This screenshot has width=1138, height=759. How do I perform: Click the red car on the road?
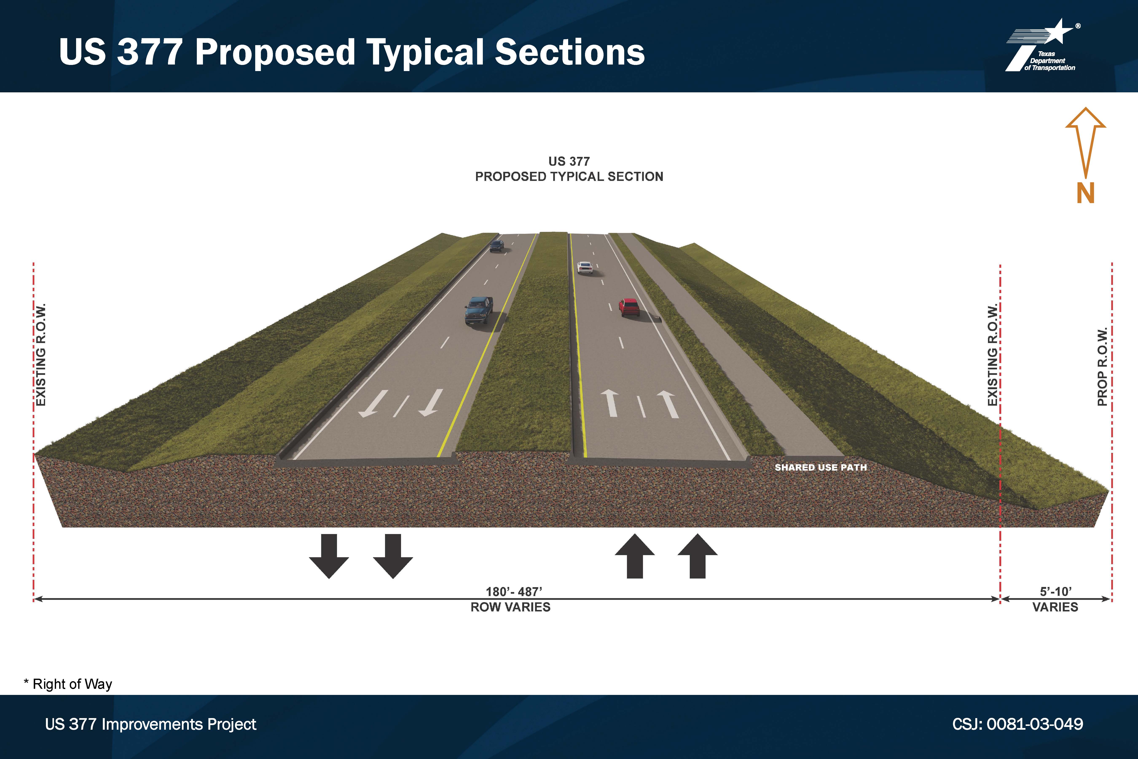point(629,307)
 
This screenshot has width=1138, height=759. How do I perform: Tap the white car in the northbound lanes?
point(584,268)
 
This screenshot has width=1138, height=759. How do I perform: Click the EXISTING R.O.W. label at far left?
point(41,355)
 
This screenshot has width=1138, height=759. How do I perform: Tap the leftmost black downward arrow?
point(329,556)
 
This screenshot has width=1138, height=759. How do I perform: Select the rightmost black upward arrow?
point(697,556)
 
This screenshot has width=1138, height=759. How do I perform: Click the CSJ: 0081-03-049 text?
point(1017,724)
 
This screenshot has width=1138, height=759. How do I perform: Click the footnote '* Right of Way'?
point(68,684)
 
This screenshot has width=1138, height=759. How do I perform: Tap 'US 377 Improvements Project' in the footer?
point(150,725)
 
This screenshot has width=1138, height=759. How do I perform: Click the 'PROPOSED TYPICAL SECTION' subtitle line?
point(569,177)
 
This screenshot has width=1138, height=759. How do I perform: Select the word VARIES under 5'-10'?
point(1055,607)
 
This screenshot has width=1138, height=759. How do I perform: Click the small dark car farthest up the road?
point(497,246)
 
